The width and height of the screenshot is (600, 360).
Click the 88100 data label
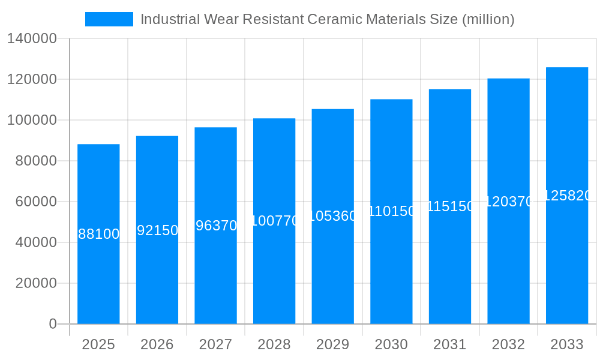coord(98,234)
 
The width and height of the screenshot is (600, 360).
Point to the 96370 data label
coord(216,226)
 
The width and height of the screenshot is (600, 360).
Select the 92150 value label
coord(157,230)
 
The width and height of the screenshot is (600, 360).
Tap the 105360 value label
coord(333,216)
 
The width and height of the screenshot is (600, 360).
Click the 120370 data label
coord(508,202)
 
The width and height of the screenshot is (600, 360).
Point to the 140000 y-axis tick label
coord(32,39)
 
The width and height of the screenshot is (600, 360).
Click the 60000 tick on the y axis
coord(36,202)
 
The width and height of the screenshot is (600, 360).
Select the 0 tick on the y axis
coord(52,324)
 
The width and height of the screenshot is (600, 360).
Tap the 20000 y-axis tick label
coord(36,283)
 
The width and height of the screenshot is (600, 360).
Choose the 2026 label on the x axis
coord(157,344)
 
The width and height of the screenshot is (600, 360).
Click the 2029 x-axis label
coord(333,344)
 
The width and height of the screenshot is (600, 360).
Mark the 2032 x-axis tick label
coord(508,344)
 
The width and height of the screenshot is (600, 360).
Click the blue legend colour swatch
coord(109,19)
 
